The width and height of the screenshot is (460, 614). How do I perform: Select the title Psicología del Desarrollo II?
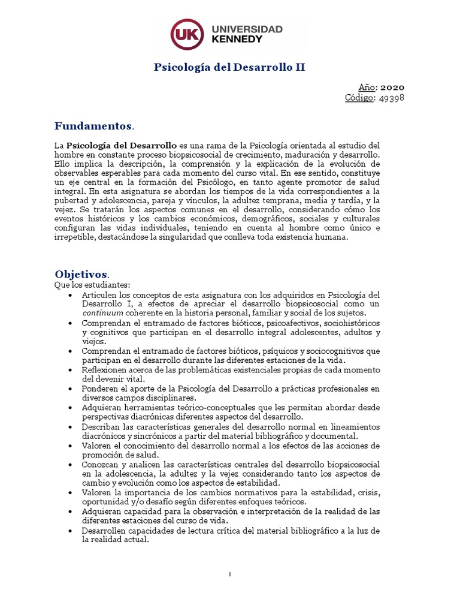click(230, 67)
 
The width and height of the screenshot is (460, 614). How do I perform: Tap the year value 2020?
click(392, 87)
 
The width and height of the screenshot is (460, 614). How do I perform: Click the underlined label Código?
click(361, 98)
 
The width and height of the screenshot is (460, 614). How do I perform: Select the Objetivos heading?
click(81, 273)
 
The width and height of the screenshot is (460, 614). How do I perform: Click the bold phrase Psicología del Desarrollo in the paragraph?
click(121, 146)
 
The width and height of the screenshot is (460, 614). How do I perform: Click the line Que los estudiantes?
click(92, 284)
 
